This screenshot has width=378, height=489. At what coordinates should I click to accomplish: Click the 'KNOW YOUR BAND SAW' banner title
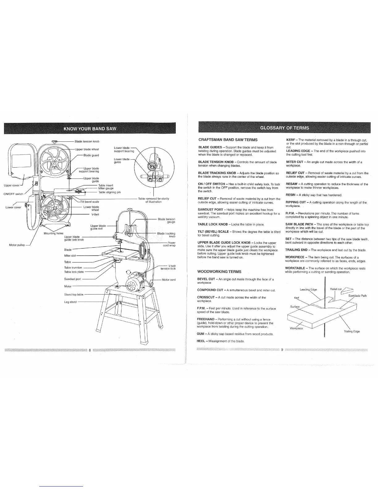[90, 128]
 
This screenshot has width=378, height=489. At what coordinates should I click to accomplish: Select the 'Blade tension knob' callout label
[87, 141]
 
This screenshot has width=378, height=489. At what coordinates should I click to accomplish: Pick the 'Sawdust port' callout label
[72, 279]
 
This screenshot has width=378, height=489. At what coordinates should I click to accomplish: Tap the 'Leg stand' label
[70, 302]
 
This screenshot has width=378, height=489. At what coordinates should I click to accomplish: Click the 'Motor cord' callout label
[169, 280]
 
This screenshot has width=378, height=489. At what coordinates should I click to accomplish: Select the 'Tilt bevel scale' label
[90, 202]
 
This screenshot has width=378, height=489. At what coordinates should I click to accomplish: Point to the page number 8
[90, 350]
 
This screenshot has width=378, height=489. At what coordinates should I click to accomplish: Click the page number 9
[282, 350]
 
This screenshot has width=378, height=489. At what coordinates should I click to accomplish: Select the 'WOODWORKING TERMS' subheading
[219, 272]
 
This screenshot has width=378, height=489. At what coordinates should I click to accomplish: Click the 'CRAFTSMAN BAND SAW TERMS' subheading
[228, 140]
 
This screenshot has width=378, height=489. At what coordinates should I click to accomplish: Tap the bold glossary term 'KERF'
[290, 140]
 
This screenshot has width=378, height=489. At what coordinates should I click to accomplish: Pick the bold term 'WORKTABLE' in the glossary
[296, 268]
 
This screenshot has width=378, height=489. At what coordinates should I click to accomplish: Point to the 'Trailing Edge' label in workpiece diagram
[352, 332]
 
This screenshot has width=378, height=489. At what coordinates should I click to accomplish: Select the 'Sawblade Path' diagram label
[357, 296]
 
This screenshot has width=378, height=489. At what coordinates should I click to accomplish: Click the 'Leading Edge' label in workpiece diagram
[309, 290]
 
